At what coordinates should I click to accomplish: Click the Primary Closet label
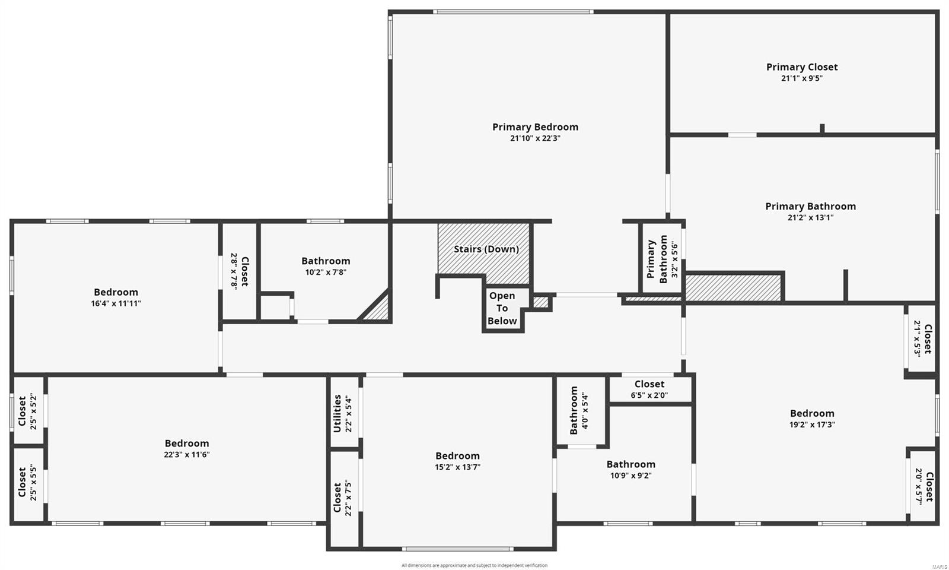pyautogui.click(x=802, y=67)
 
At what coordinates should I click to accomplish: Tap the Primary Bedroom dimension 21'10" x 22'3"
pyautogui.click(x=535, y=138)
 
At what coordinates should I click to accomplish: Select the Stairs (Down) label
pyautogui.click(x=486, y=249)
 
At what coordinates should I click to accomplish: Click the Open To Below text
pyautogui.click(x=502, y=308)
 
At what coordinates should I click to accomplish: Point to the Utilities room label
pyautogui.click(x=337, y=413)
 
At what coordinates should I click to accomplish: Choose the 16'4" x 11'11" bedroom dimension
pyautogui.click(x=116, y=303)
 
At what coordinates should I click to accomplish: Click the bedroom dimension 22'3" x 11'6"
pyautogui.click(x=187, y=455)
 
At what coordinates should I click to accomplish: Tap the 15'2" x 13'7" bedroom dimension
pyautogui.click(x=457, y=467)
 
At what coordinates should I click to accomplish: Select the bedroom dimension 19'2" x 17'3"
pyautogui.click(x=812, y=425)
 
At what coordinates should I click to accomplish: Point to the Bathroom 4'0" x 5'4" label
pyautogui.click(x=574, y=410)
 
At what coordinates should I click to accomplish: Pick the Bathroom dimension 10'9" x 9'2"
pyautogui.click(x=631, y=476)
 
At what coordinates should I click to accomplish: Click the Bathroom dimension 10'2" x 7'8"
pyautogui.click(x=326, y=273)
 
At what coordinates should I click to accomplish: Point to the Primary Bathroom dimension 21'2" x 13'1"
pyautogui.click(x=810, y=218)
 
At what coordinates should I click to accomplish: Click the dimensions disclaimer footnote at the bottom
pyautogui.click(x=474, y=565)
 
